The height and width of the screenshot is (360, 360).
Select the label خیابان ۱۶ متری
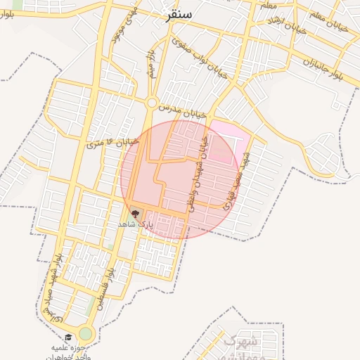point(112,143)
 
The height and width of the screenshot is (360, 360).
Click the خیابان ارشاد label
point(285,27)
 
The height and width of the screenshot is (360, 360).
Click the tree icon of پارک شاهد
point(134,212)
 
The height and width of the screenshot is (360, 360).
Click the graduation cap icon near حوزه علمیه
point(68,337)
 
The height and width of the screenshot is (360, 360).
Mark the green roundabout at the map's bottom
point(86,333)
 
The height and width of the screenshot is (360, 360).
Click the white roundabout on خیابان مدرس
point(151,103)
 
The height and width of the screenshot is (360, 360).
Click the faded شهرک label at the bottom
point(239,342)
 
